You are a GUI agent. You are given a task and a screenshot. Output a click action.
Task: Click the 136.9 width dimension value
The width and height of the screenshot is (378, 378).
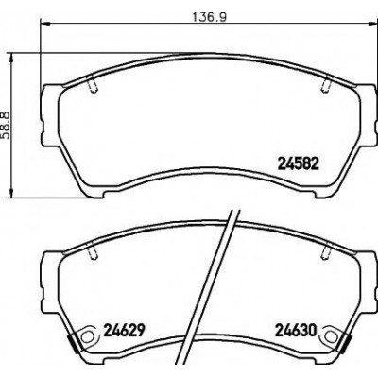[x=210, y=17]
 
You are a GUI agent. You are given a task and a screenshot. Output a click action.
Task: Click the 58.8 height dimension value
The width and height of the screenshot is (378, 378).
[x=6, y=125]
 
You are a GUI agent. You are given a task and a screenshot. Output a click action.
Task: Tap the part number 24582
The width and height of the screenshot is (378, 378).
[x=298, y=163]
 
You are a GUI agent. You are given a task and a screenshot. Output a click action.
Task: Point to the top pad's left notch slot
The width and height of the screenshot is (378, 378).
[x=93, y=86]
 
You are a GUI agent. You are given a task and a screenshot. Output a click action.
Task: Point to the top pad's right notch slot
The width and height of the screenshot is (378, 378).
[x=325, y=86]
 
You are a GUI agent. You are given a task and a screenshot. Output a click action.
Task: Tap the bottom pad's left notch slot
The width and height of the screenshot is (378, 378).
[x=93, y=253]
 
